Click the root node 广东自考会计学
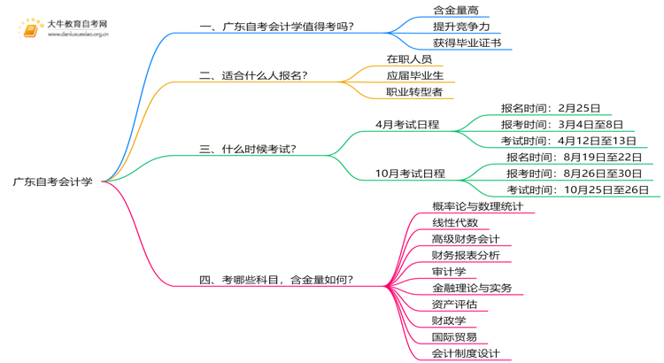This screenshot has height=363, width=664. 52,181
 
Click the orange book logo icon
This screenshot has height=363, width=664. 31,29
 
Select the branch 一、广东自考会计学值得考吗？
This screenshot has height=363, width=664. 276,27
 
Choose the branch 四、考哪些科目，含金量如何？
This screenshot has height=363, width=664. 276,280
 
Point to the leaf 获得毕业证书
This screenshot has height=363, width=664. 467,42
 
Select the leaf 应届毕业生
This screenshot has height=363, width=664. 415,75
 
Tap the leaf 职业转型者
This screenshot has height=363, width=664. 414,92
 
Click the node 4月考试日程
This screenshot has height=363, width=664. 407,125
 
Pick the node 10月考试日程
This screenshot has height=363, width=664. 410,174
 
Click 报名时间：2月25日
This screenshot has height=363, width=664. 550,108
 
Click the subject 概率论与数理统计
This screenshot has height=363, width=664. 477,206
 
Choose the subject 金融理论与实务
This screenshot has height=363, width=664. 471,288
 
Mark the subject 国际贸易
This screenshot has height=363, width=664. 454,336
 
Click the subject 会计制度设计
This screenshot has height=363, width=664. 466,353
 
